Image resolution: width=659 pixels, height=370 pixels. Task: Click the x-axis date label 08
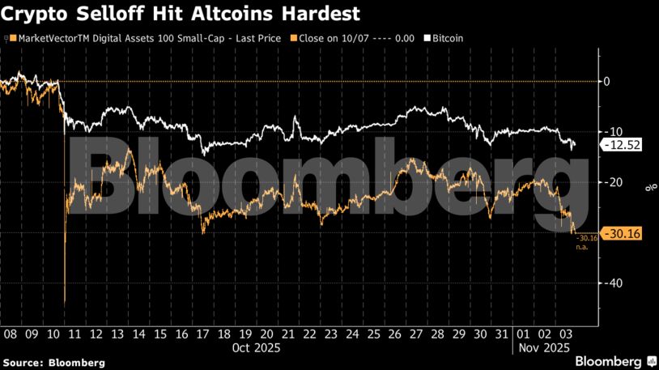click(11, 334)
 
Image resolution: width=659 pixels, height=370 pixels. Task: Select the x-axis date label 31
click(503, 334)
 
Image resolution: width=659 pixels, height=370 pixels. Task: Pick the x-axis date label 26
click(395, 334)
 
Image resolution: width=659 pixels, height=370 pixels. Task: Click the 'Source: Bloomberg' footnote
click(53, 363)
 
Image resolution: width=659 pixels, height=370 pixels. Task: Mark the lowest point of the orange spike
click(64, 304)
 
